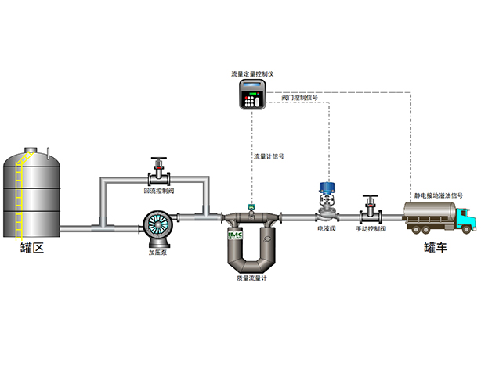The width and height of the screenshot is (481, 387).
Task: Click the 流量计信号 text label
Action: pyautogui.click(x=268, y=156)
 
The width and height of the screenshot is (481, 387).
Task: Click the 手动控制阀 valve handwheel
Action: pyautogui.click(x=370, y=199)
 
